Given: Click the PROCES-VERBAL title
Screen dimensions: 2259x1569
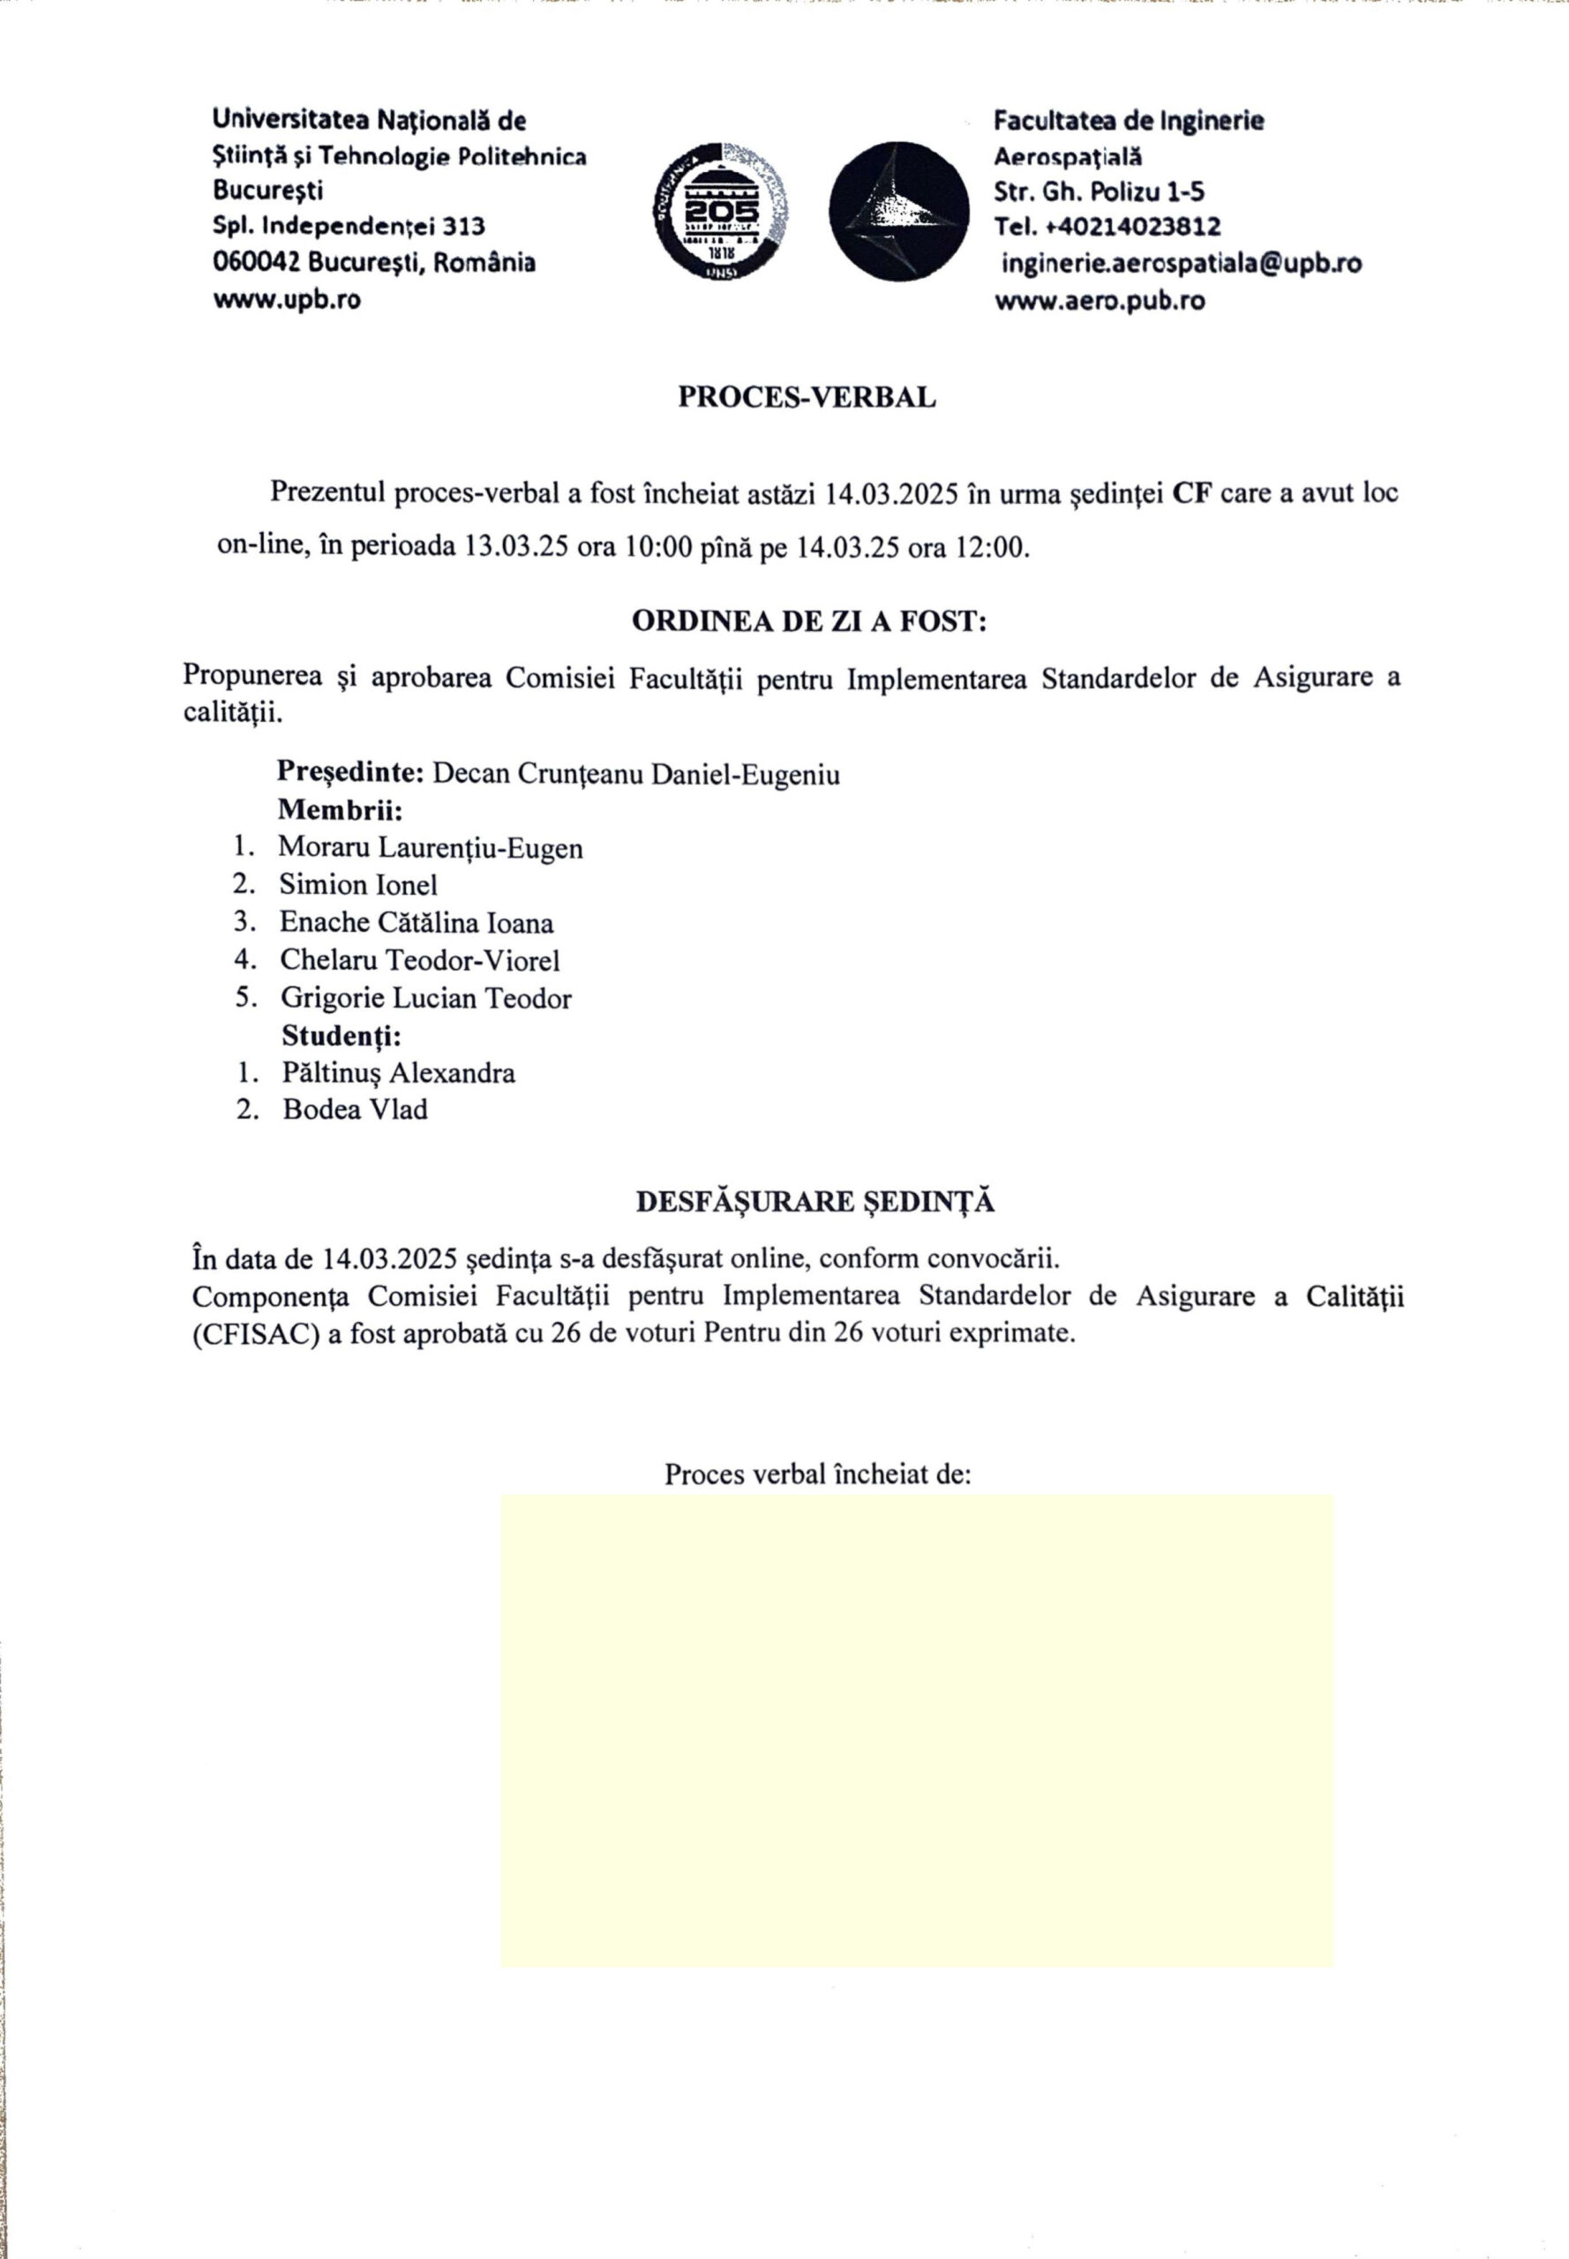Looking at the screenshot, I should pos(807,398).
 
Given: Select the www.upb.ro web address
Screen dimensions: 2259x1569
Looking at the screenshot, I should pos(286,301).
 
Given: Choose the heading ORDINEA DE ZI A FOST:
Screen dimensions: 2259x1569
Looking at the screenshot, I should pos(808,622).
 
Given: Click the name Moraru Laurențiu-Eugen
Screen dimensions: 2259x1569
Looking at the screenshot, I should pos(430,847).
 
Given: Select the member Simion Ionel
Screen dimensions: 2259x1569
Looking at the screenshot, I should pos(358,885).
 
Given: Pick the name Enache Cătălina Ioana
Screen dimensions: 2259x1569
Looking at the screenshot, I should pos(416,923).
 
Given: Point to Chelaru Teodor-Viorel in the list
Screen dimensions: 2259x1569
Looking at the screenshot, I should pos(420,960).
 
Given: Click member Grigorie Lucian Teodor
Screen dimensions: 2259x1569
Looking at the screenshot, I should pos(425,999).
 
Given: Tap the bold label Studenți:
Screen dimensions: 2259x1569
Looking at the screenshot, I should pos(342,1036).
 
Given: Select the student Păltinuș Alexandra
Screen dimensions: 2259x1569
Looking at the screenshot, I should pos(398,1074).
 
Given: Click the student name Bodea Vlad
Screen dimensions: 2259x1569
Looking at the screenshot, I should pos(355,1111).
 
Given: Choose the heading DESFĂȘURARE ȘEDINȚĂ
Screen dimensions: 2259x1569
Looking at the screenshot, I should pos(815,1202).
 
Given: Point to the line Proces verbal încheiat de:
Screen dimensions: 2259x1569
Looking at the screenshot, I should pos(817,1475).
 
